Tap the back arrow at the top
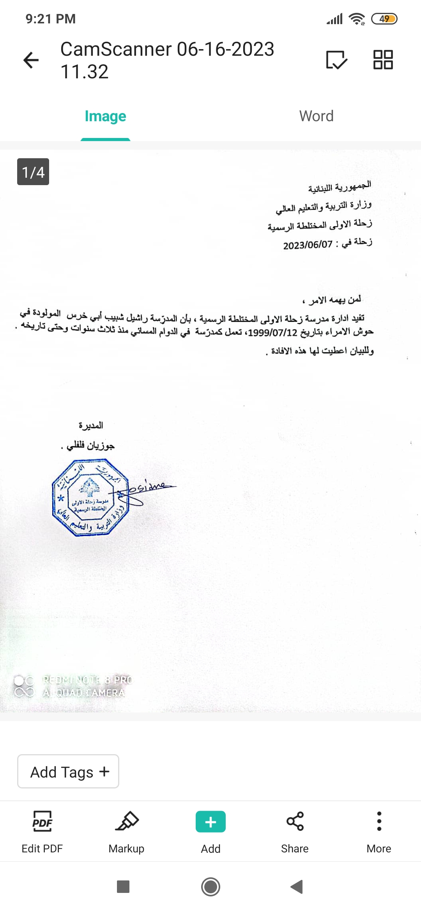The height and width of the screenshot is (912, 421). coord(31,60)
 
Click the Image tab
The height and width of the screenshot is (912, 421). coord(105,116)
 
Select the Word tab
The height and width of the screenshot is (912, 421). coord(316,116)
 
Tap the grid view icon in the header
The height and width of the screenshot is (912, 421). coord(383,60)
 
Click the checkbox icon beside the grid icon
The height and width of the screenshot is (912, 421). coord(336,60)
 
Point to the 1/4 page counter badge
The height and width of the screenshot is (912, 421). coord(33,172)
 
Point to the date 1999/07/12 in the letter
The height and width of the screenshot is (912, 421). coord(272,333)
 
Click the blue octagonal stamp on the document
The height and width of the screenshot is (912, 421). coord(90,497)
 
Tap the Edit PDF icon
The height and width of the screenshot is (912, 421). coord(42,821)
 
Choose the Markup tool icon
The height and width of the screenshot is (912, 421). coord(127,821)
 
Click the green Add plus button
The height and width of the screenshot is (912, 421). coord(210,822)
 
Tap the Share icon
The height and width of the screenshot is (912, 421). coord(295,821)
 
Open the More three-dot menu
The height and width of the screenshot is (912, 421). coord(379,821)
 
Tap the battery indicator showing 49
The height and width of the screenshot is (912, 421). coord(384,19)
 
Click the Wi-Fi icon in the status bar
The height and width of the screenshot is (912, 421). coord(357,19)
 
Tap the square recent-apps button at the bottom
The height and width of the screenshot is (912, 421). coord(123,887)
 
